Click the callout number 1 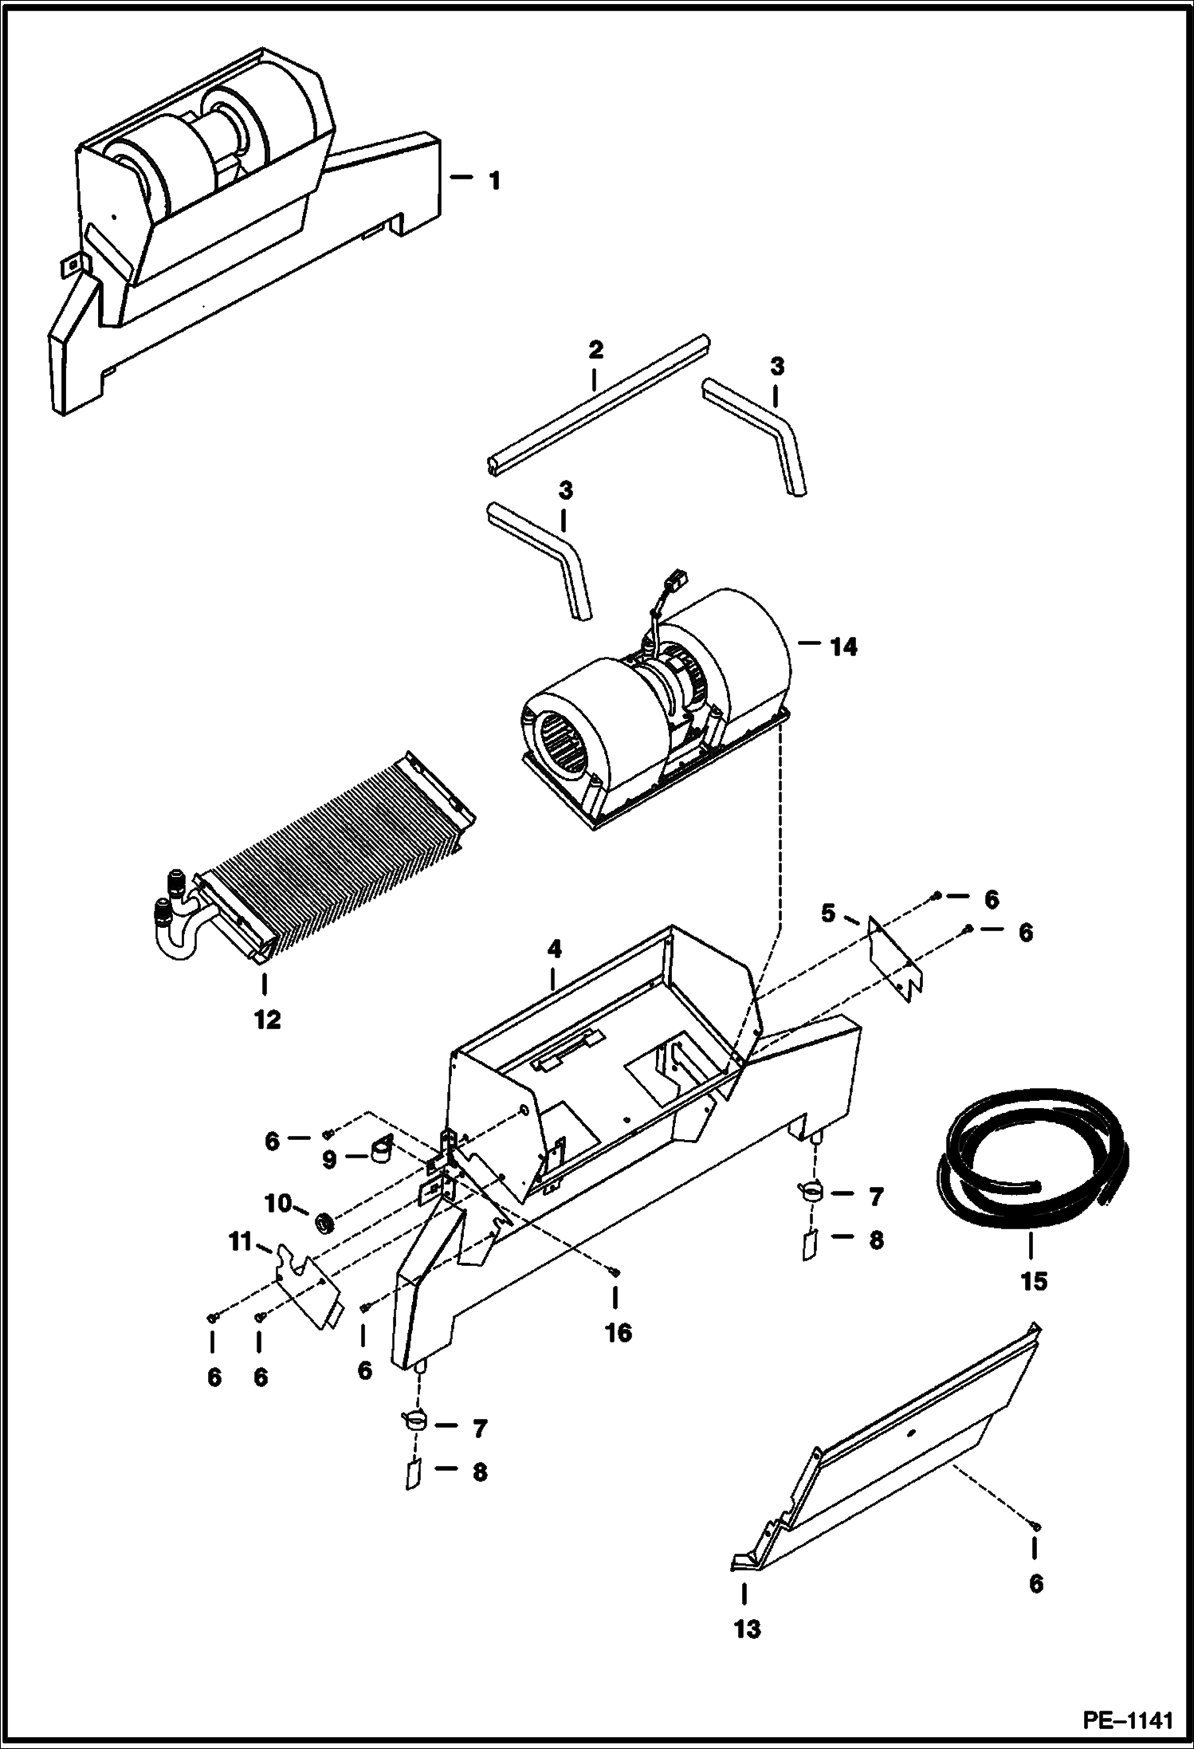click(x=494, y=181)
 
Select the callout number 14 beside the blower click(x=843, y=647)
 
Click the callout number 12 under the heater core click(x=268, y=1019)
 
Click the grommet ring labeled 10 click(x=325, y=1221)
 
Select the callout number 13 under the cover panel click(x=747, y=1629)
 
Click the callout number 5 click(x=829, y=914)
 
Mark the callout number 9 click(x=329, y=1160)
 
